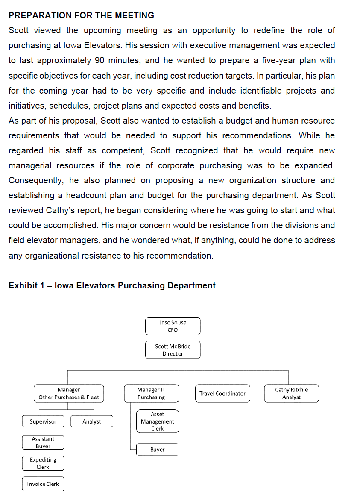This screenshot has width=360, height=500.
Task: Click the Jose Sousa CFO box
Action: pos(173,326)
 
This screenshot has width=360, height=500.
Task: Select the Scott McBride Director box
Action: pos(173,350)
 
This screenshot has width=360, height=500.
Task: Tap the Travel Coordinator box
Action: pos(222,394)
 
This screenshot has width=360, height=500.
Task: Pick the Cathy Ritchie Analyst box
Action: pos(291,394)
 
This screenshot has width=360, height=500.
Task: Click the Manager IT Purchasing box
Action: pos(151,394)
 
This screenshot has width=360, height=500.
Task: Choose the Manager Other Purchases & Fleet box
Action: pos(69,394)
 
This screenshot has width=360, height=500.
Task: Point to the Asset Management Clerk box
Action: pos(157,421)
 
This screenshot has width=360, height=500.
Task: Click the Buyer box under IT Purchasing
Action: pos(157,450)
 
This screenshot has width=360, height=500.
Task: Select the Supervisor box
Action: pos(43,421)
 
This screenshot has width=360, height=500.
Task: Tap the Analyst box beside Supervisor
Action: pos(91,421)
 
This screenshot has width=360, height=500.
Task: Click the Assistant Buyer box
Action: pos(43,442)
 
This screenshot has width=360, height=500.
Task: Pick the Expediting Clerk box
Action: pos(43,463)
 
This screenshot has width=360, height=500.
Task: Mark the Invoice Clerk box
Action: pos(43,484)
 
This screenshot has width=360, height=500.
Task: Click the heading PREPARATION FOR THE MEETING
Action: pos(81,15)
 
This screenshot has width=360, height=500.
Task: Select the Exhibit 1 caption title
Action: pos(112,285)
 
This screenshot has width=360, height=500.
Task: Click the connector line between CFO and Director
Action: pos(173,338)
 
